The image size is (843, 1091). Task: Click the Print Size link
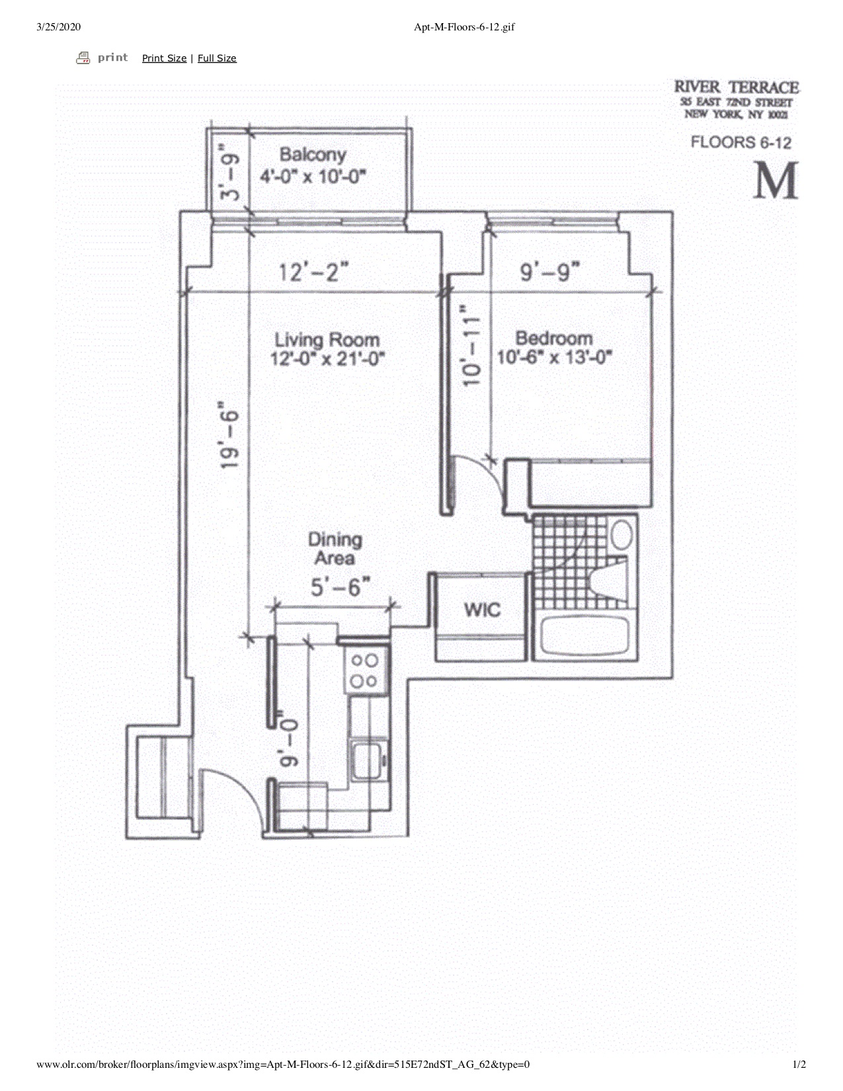pos(164,58)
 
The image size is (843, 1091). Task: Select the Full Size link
pos(217,58)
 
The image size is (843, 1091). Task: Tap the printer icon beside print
pos(83,58)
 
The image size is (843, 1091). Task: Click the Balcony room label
pos(312,155)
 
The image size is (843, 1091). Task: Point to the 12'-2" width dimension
pos(313,272)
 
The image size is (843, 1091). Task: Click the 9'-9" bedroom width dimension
pos(550,272)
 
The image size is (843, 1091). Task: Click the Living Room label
pos(327,341)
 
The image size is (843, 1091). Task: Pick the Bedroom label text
pos(554,339)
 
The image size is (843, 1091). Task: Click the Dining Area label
pos(335,549)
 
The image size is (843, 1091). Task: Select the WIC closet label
pos(482,609)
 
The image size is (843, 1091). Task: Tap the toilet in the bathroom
pos(608,580)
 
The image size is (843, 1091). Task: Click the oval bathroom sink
pos(622,534)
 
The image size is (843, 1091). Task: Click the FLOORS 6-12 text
pos(741,142)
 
